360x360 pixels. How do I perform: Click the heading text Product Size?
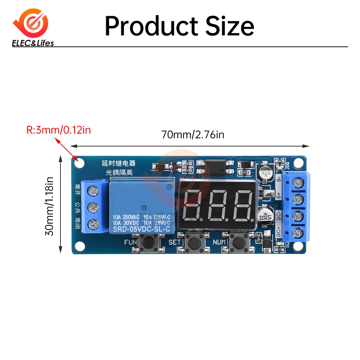[179, 26]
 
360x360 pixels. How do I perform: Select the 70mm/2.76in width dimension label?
[193, 135]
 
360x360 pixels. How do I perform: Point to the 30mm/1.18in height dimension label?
[49, 206]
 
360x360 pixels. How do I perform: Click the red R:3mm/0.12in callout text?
[59, 130]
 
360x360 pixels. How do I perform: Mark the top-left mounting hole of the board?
[80, 163]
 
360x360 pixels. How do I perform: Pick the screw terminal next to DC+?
[297, 232]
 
